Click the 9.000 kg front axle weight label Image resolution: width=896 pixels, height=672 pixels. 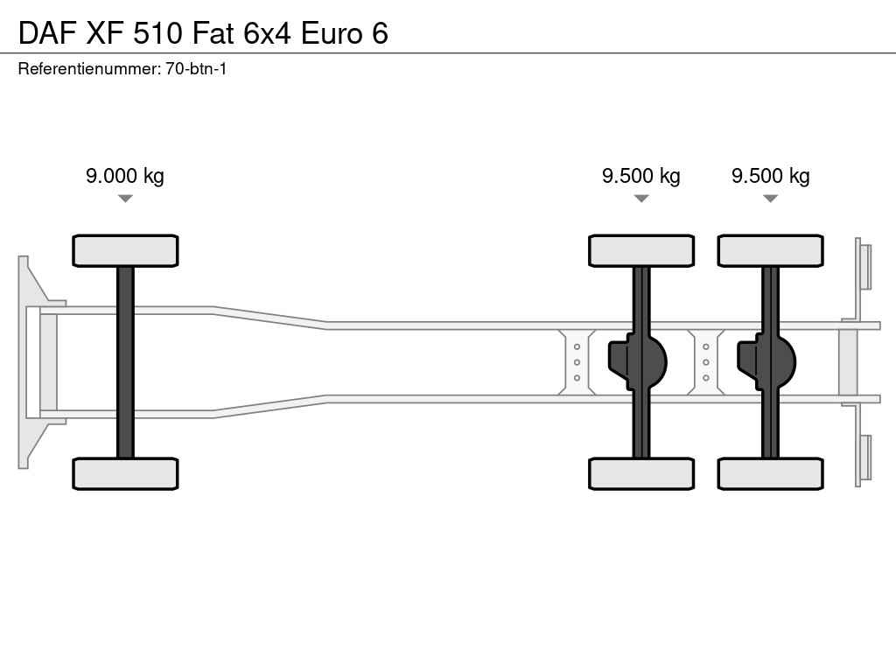click(x=125, y=175)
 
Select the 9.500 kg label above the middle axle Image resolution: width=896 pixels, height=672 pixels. click(x=641, y=175)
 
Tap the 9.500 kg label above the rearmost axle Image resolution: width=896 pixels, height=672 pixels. click(x=771, y=175)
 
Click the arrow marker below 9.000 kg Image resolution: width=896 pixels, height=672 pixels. click(x=125, y=199)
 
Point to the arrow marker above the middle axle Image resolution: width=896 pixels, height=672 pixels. click(x=641, y=199)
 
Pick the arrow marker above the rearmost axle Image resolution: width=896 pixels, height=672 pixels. click(x=771, y=199)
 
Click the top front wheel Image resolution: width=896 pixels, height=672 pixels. click(x=125, y=250)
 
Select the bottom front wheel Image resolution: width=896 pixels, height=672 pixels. click(x=125, y=473)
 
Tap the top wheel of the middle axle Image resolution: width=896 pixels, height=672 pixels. click(x=641, y=250)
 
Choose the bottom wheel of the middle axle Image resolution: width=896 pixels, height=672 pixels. click(x=641, y=473)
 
